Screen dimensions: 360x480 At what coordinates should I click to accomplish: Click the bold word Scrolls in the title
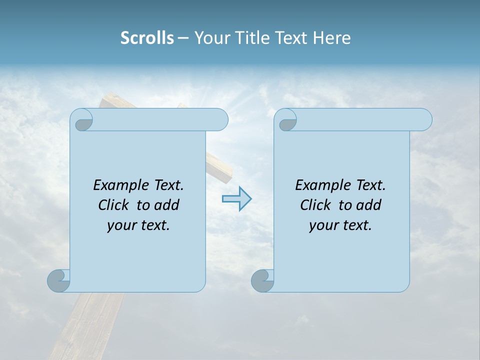pyautogui.click(x=147, y=38)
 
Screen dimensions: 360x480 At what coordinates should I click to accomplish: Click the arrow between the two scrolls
pyautogui.click(x=236, y=199)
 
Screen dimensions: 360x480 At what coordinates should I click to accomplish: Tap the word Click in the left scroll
pyautogui.click(x=109, y=205)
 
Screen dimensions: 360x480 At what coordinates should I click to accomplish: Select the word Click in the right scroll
pyautogui.click(x=311, y=205)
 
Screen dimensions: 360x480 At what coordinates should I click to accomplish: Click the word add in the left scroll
pyautogui.click(x=167, y=205)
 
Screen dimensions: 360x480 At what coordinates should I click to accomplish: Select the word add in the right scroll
pyautogui.click(x=369, y=205)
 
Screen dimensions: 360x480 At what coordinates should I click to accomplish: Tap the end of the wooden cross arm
pyautogui.click(x=222, y=170)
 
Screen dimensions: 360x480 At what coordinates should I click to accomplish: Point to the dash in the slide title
pyautogui.click(x=183, y=38)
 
